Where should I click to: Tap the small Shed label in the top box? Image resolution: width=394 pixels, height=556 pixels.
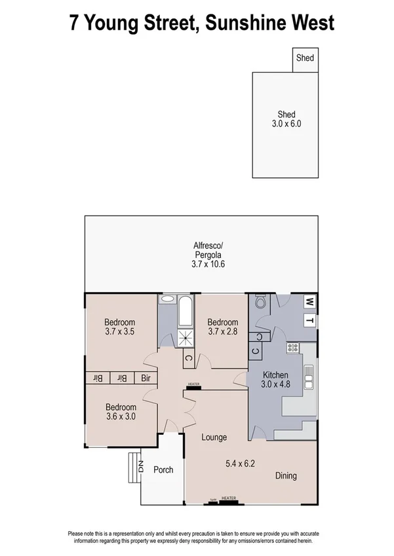pyautogui.click(x=305, y=58)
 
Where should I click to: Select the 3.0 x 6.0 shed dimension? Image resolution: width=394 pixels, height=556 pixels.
pyautogui.click(x=286, y=123)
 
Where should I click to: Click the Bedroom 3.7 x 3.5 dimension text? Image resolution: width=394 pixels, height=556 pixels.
pyautogui.click(x=119, y=332)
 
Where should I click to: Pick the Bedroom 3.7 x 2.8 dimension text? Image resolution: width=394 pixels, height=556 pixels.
pyautogui.click(x=222, y=332)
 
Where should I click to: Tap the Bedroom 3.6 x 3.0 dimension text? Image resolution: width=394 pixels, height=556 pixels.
pyautogui.click(x=119, y=417)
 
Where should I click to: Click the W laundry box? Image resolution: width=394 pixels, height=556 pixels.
pyautogui.click(x=309, y=302)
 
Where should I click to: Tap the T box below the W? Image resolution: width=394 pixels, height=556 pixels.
pyautogui.click(x=309, y=321)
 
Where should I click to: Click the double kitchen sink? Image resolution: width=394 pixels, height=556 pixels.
pyautogui.click(x=309, y=378)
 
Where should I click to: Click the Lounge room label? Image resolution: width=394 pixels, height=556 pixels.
pyautogui.click(x=214, y=437)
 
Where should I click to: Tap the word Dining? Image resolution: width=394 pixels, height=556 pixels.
pyautogui.click(x=285, y=475)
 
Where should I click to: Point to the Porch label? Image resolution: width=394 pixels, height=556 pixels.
pyautogui.click(x=163, y=470)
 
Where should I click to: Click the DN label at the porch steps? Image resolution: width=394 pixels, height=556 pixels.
pyautogui.click(x=140, y=467)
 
